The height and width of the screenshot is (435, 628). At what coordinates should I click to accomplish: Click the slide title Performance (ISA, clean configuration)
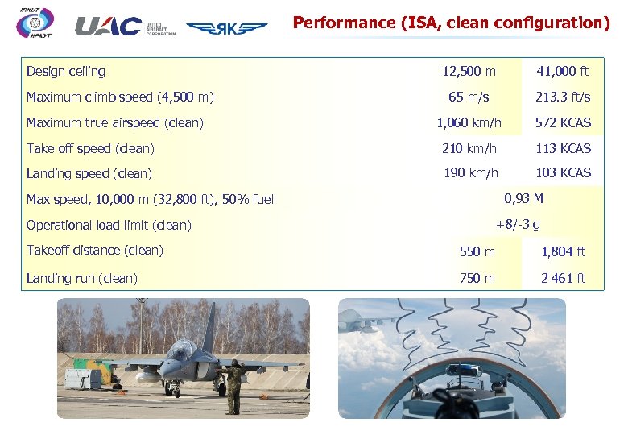(451, 23)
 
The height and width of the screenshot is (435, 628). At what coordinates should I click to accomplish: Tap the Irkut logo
(35, 23)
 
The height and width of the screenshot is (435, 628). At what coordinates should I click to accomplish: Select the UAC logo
(108, 27)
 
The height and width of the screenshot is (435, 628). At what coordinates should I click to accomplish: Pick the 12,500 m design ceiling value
(469, 72)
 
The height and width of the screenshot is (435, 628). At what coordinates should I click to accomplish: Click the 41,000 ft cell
(563, 72)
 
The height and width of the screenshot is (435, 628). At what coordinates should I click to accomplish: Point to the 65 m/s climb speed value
(469, 97)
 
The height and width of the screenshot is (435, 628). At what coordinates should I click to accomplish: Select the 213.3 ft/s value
(563, 97)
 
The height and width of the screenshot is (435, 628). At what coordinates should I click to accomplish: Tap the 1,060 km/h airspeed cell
(469, 123)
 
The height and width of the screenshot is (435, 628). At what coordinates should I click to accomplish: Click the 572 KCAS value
(563, 123)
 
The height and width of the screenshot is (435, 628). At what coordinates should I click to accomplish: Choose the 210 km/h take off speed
(470, 148)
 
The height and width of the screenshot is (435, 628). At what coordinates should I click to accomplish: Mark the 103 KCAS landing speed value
(563, 173)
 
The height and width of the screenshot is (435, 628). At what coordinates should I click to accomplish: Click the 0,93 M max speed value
(523, 198)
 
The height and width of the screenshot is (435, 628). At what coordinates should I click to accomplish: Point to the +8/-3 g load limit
(518, 224)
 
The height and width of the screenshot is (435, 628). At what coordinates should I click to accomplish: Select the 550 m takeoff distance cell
(477, 252)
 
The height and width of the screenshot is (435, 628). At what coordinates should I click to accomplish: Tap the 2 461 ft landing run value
(563, 279)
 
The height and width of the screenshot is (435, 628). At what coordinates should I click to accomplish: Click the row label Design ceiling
(66, 72)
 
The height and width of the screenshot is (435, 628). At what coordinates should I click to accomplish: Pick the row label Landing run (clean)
(82, 279)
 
